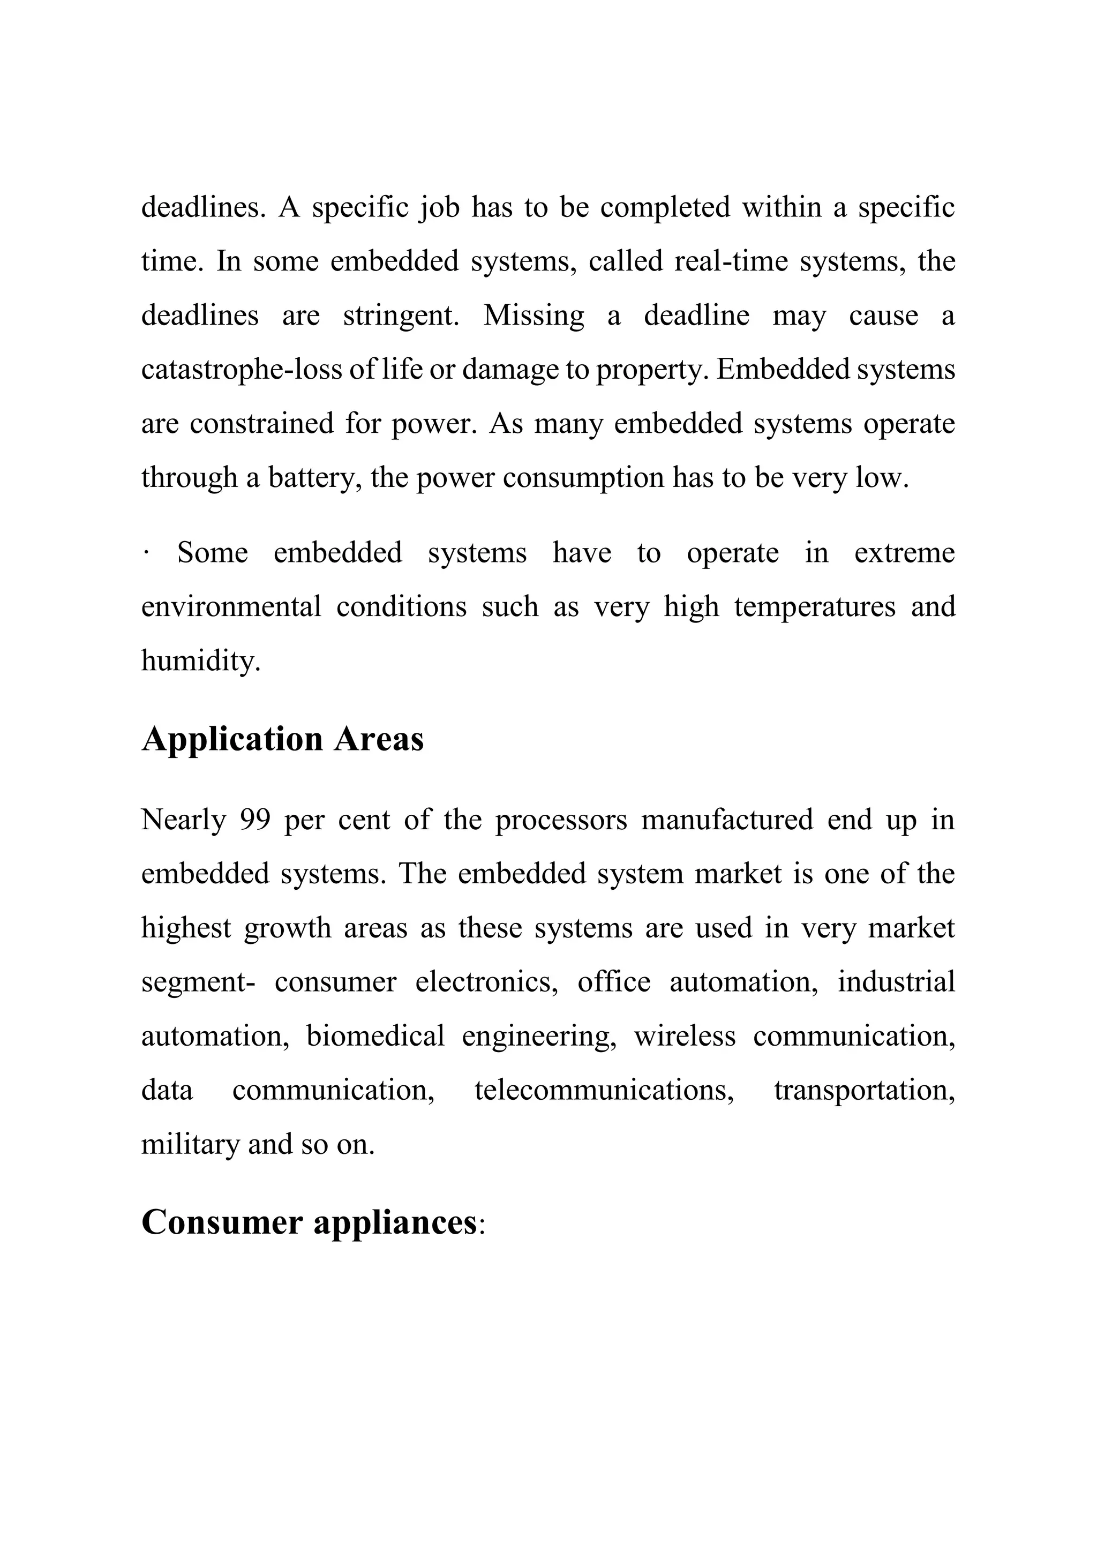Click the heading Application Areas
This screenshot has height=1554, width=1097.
click(282, 739)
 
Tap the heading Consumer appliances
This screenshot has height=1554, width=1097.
click(309, 1223)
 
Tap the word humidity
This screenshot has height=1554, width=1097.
click(200, 660)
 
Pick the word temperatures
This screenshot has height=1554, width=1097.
click(814, 606)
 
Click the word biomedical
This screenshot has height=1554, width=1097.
click(375, 1036)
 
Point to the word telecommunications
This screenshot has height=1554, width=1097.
click(604, 1091)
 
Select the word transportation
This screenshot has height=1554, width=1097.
click(864, 1091)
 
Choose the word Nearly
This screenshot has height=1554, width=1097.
click(183, 820)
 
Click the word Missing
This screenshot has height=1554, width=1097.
click(534, 316)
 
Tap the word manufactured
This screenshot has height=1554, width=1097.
click(726, 820)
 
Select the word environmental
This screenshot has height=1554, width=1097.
click(231, 606)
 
